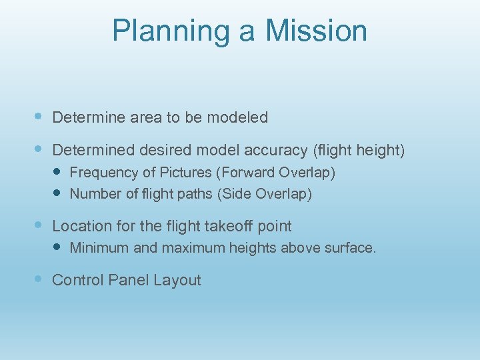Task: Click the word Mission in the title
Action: click(x=317, y=31)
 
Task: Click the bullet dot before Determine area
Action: click(x=39, y=117)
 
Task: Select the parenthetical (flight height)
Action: click(x=360, y=151)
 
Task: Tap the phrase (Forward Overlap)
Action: click(x=275, y=173)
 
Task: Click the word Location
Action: click(x=79, y=227)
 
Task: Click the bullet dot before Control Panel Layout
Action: click(x=39, y=279)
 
